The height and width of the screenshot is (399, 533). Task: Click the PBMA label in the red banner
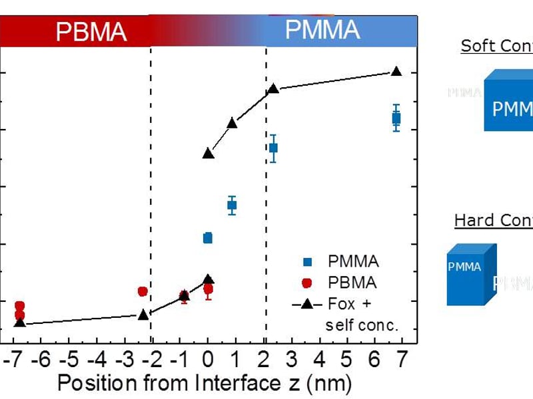click(91, 31)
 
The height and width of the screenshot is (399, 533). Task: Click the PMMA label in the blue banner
click(322, 30)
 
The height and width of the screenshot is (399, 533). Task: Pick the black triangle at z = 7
click(396, 72)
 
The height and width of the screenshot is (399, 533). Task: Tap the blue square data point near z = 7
click(396, 118)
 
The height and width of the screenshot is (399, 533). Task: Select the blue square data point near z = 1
click(232, 205)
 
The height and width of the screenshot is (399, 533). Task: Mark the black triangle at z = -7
click(20, 323)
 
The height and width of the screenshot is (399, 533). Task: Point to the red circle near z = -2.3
click(143, 291)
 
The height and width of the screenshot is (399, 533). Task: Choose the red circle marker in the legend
click(306, 283)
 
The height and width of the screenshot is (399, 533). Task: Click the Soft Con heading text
click(496, 46)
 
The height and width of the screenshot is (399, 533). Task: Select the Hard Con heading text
click(493, 220)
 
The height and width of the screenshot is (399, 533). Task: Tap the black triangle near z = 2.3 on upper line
click(273, 89)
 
